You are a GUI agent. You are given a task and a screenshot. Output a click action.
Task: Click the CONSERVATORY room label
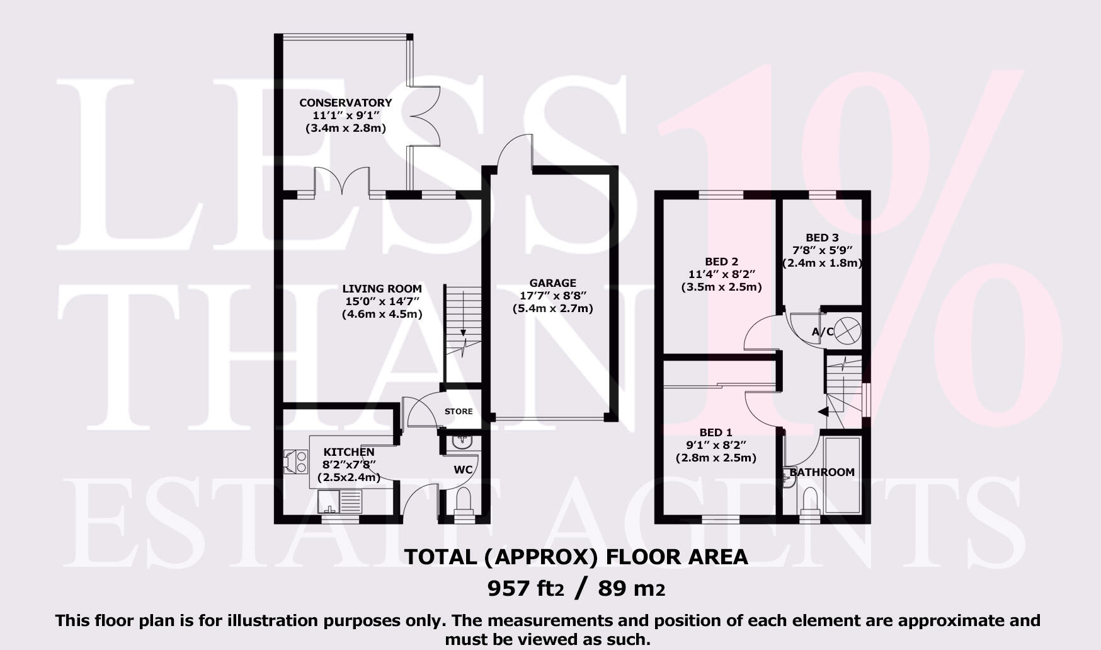pos(345,103)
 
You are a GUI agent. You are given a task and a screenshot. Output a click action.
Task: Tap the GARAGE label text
pos(552,283)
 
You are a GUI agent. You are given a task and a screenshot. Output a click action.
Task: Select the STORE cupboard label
pos(459,412)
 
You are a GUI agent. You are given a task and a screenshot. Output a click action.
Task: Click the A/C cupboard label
pos(822,332)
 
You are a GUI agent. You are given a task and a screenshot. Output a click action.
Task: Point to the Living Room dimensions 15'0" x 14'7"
pos(382,301)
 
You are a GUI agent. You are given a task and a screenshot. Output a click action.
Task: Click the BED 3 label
pos(822,238)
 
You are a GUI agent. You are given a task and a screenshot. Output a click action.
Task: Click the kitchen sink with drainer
pos(340,502)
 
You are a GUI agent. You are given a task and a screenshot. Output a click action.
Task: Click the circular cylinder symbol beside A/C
pos(847,331)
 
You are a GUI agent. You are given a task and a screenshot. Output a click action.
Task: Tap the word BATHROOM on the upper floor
pos(822,472)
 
